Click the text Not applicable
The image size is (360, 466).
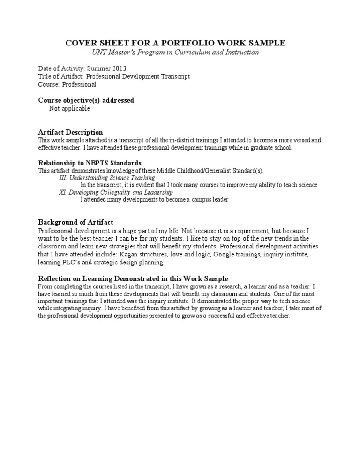pos(69,108)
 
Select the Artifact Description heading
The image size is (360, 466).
pos(70,132)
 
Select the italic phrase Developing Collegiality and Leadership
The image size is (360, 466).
pos(121,192)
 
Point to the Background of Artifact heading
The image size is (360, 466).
pos(75,222)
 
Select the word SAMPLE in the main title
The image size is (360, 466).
pos(265,43)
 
